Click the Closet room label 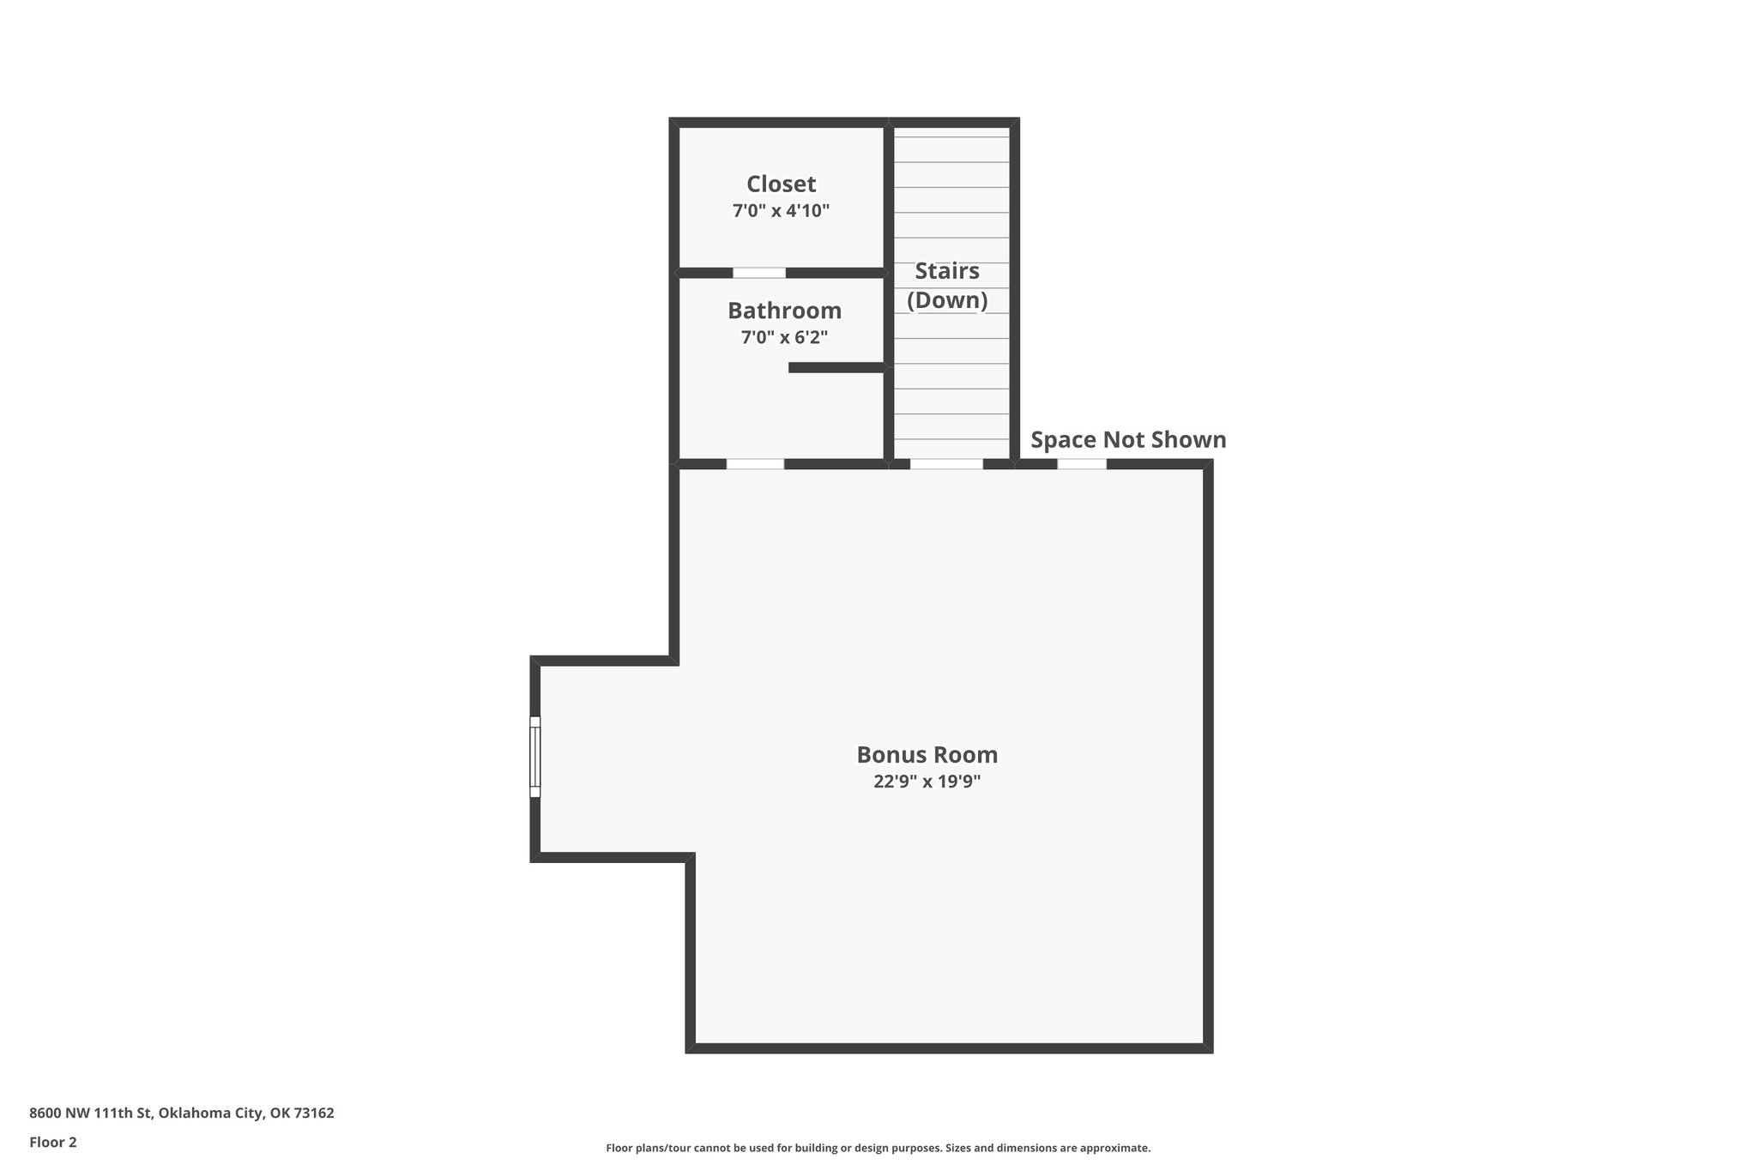(x=781, y=184)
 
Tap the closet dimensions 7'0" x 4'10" (x=781, y=211)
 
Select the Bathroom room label (x=784, y=311)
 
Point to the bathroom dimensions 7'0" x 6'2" (x=784, y=338)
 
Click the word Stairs (x=947, y=271)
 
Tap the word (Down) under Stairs (x=947, y=300)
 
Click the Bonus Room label (x=927, y=755)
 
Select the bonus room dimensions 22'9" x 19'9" (x=927, y=782)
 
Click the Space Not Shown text (x=1128, y=440)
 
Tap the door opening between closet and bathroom (x=759, y=273)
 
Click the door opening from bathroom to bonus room (x=755, y=464)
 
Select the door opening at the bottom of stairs (x=946, y=464)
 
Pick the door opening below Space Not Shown (x=1081, y=464)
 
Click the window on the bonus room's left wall (x=535, y=757)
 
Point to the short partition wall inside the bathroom (x=836, y=368)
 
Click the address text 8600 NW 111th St (x=90, y=1114)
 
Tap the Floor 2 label (x=53, y=1142)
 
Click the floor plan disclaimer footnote (x=878, y=1148)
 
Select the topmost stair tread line (x=951, y=137)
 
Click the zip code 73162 (x=314, y=1114)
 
